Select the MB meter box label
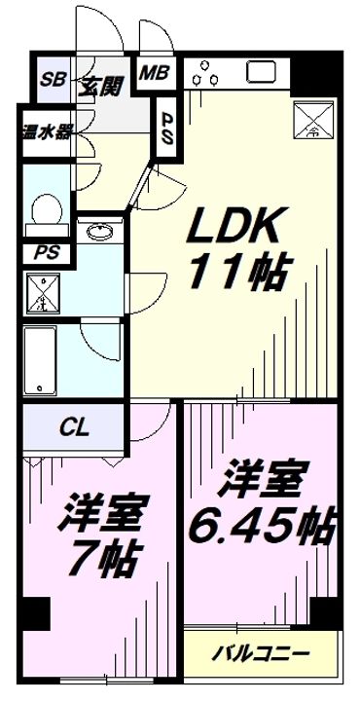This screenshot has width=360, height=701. pyautogui.click(x=152, y=72)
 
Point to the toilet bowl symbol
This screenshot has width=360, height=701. pyautogui.click(x=43, y=208)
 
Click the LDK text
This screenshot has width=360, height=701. pyautogui.click(x=236, y=229)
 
